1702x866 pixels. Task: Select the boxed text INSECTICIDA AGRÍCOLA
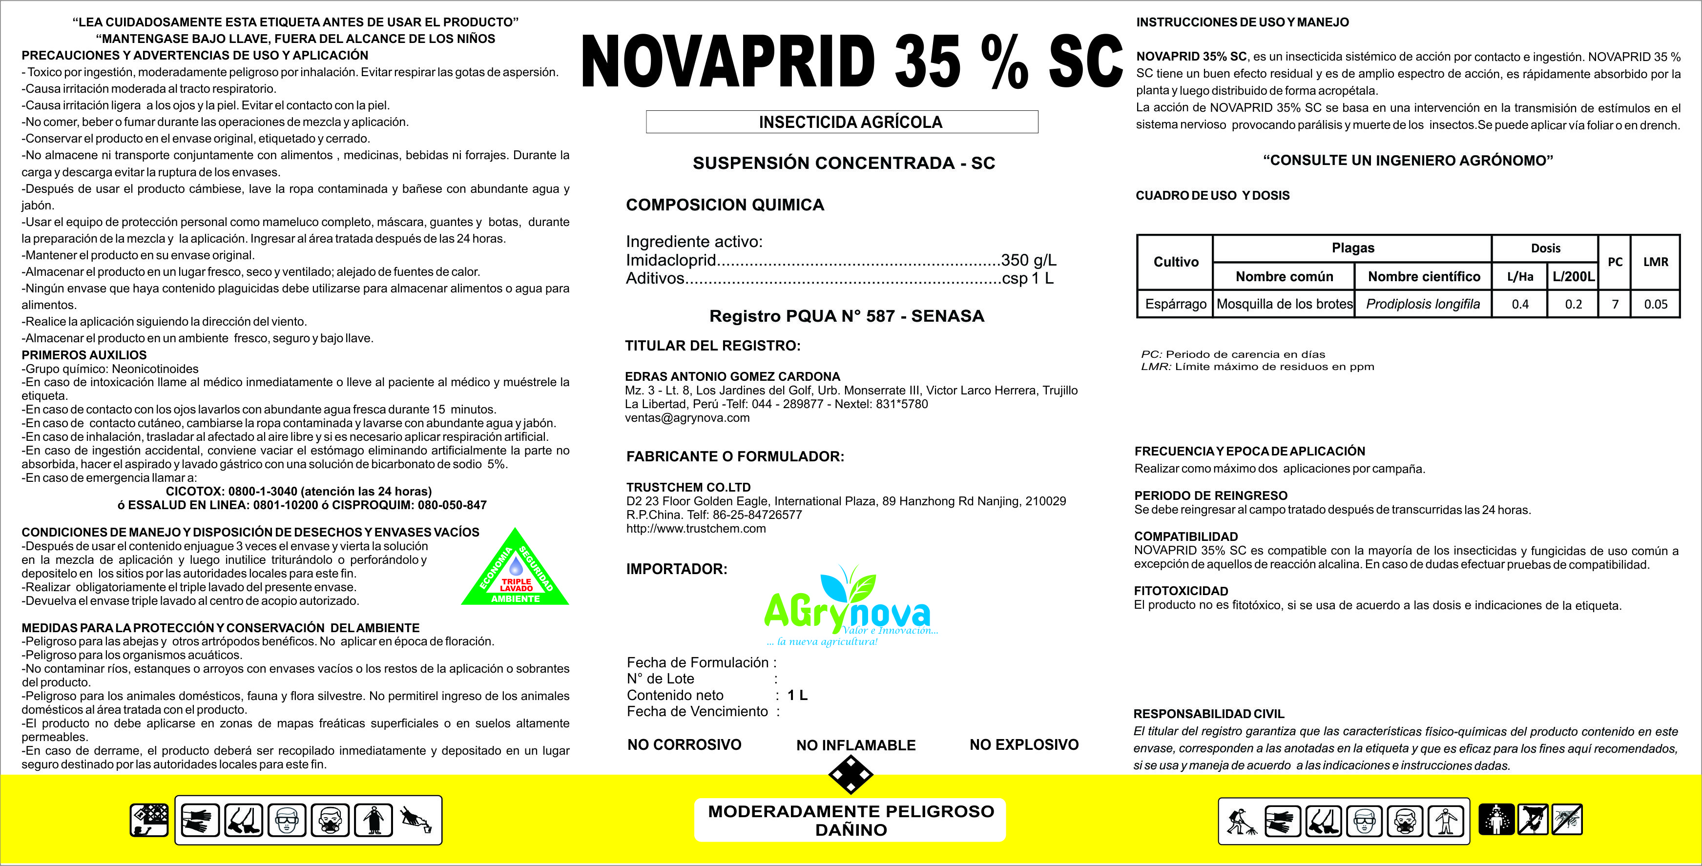pyautogui.click(x=851, y=122)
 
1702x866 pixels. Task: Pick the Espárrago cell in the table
pyautogui.click(x=1175, y=304)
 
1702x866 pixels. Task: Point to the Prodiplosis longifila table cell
pyautogui.click(x=1423, y=304)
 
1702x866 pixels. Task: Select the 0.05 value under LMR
pyautogui.click(x=1655, y=304)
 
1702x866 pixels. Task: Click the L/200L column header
pyautogui.click(x=1573, y=276)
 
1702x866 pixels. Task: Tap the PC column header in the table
pyautogui.click(x=1615, y=262)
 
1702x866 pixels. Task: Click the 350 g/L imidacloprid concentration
pyautogui.click(x=1029, y=260)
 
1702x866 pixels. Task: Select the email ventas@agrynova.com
pyautogui.click(x=687, y=417)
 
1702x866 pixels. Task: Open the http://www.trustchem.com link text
pyautogui.click(x=696, y=529)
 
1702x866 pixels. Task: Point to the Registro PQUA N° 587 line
pyautogui.click(x=847, y=316)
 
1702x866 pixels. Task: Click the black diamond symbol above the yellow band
pyautogui.click(x=851, y=775)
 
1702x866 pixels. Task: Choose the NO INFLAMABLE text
pyautogui.click(x=855, y=745)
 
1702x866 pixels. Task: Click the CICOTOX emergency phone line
pyautogui.click(x=299, y=492)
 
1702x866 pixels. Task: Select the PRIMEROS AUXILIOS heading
pyautogui.click(x=84, y=355)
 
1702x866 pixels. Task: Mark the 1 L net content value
pyautogui.click(x=797, y=695)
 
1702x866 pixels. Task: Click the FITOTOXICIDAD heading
pyautogui.click(x=1181, y=591)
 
